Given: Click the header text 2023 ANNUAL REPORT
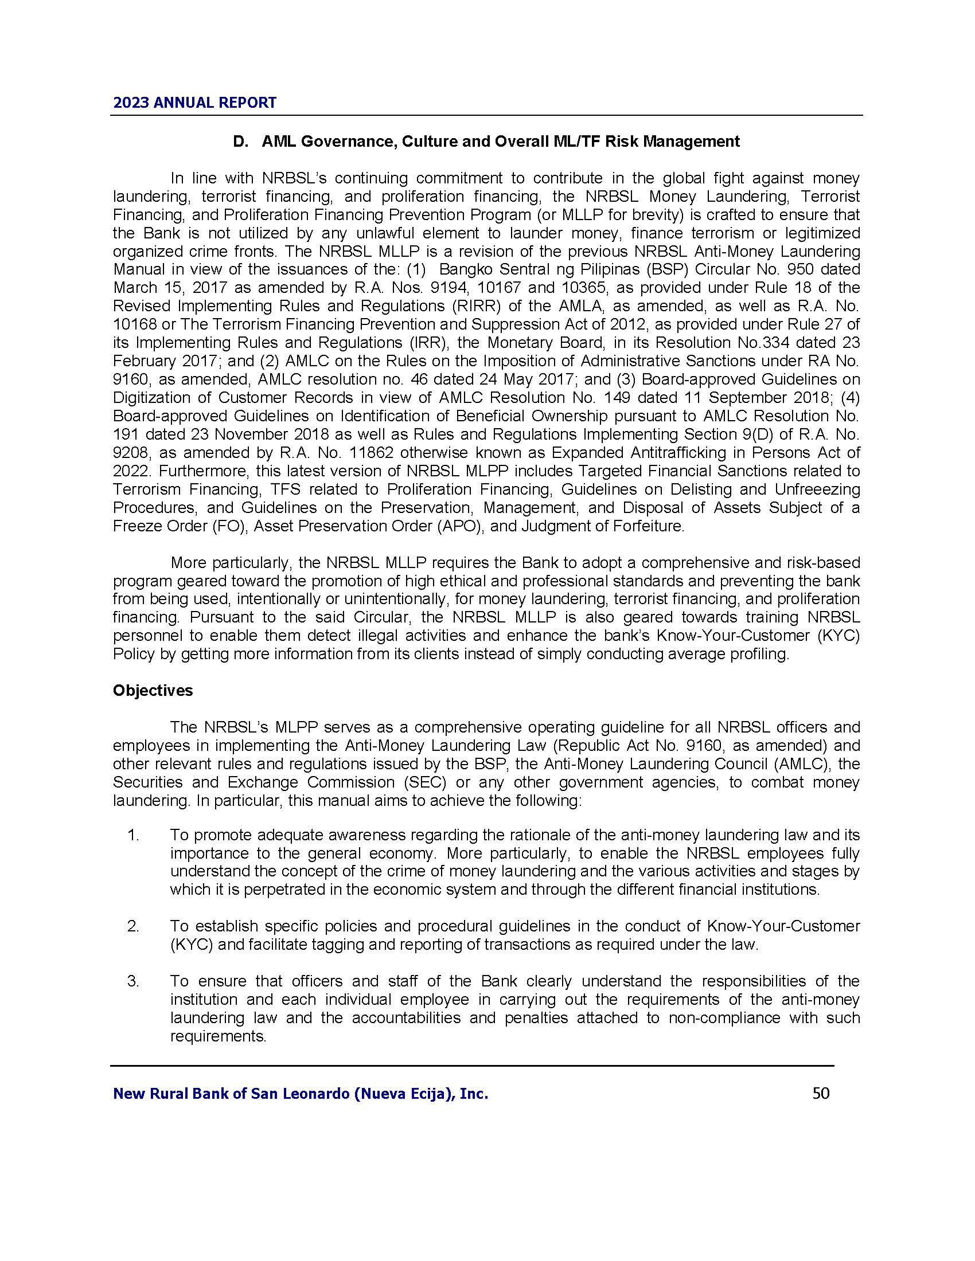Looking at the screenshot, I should tap(194, 103).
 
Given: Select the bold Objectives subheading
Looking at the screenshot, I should tap(153, 691).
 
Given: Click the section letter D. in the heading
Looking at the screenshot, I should tap(240, 142).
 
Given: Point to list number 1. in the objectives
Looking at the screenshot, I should tap(134, 835).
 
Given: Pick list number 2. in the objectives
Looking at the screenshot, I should tap(134, 926).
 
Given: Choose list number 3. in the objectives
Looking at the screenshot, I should tap(134, 981).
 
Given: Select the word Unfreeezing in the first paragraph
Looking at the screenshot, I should tap(817, 489).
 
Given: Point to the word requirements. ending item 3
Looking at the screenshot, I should tap(219, 1036).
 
